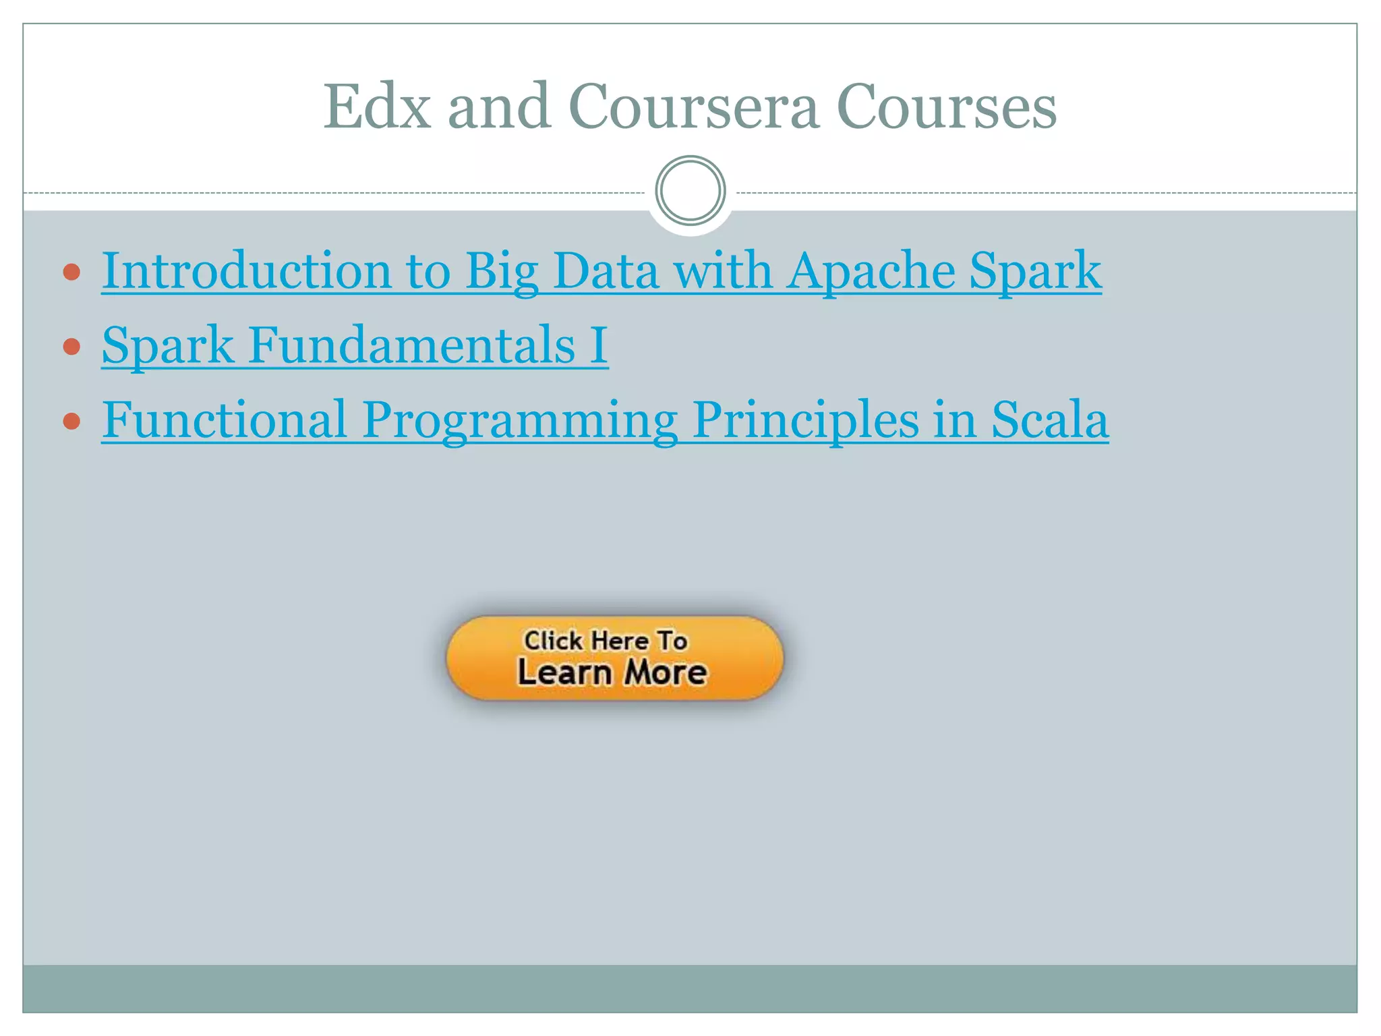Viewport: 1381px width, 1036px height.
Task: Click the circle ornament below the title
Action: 690,191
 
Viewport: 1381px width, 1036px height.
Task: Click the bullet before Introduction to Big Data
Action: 71,272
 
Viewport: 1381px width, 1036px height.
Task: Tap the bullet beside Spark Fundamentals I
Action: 71,347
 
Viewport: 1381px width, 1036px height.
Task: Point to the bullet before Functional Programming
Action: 71,422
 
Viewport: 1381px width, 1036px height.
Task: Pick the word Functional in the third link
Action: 225,420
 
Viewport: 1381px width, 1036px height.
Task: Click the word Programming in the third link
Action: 519,420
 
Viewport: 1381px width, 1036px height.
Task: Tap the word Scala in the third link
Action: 1049,420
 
